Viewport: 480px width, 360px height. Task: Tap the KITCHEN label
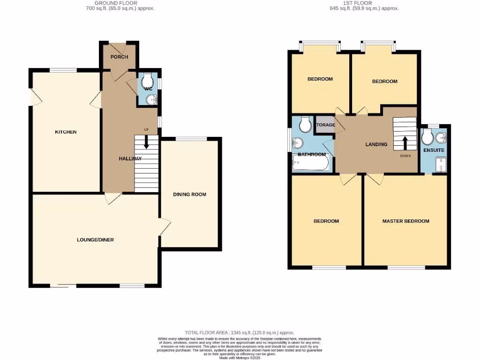click(66, 132)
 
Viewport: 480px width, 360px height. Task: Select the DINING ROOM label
click(189, 195)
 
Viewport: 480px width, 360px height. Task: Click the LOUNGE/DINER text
click(95, 240)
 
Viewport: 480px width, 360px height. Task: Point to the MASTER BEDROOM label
click(405, 221)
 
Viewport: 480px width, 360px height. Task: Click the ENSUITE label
click(434, 150)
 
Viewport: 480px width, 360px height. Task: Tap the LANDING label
click(376, 144)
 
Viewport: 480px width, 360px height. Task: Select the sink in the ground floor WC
click(151, 99)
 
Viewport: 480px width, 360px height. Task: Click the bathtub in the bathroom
click(310, 164)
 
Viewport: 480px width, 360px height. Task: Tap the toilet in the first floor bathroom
click(305, 124)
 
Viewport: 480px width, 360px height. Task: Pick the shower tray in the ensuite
click(441, 165)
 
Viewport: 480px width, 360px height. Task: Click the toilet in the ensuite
click(427, 137)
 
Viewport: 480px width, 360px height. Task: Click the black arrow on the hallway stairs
click(146, 142)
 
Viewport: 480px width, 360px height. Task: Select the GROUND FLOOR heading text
click(116, 3)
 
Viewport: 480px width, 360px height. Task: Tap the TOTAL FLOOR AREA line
click(240, 332)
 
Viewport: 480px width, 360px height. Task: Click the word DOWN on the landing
click(405, 156)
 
